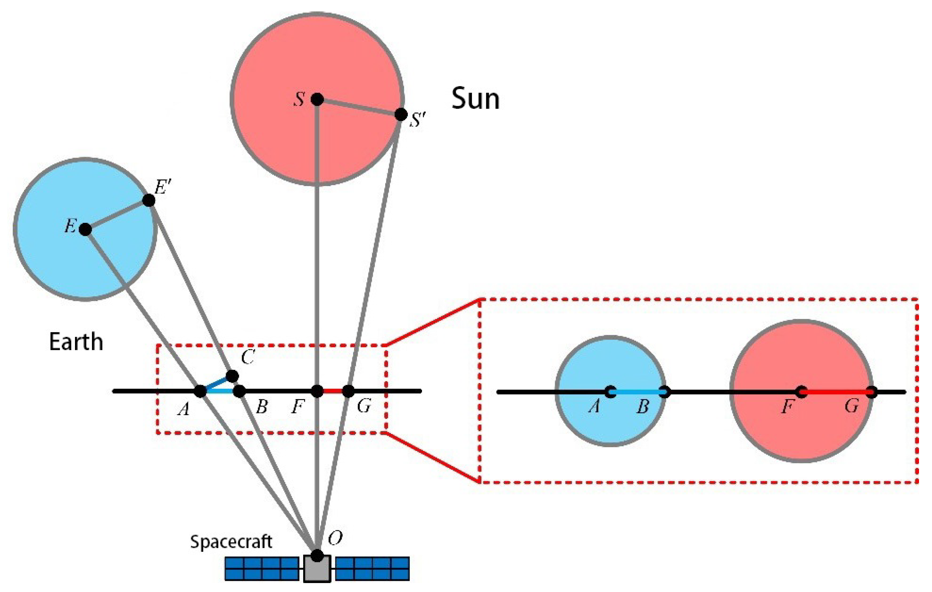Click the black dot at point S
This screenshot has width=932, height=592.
pos(317,99)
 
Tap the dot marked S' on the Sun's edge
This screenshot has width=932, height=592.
pos(401,115)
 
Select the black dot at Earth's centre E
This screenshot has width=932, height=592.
pos(85,229)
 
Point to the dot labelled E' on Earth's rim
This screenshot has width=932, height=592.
pos(148,200)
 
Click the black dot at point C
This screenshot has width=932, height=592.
pos(232,376)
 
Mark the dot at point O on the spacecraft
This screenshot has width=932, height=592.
pos(317,555)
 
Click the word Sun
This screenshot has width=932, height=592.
pos(475,99)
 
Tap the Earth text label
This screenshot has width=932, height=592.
pos(76,342)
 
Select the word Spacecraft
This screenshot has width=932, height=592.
pos(231,542)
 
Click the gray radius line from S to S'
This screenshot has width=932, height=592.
pos(359,107)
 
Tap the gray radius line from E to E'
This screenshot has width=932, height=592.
pos(117,215)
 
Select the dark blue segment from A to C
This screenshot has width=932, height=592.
pos(216,383)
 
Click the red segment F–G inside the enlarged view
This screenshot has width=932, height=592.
pos(836,392)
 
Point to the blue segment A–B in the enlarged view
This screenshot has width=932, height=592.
pos(637,392)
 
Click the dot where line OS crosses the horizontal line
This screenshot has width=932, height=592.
pos(317,391)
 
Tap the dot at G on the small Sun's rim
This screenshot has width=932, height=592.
pos(871,392)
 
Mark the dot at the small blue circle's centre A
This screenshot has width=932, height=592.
pos(610,392)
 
